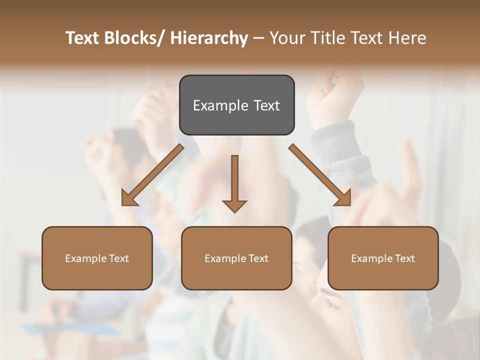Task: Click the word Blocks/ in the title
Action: pos(134,38)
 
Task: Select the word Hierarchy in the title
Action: pos(209,38)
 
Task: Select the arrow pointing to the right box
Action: pos(320,175)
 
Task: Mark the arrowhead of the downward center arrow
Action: pos(234,205)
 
